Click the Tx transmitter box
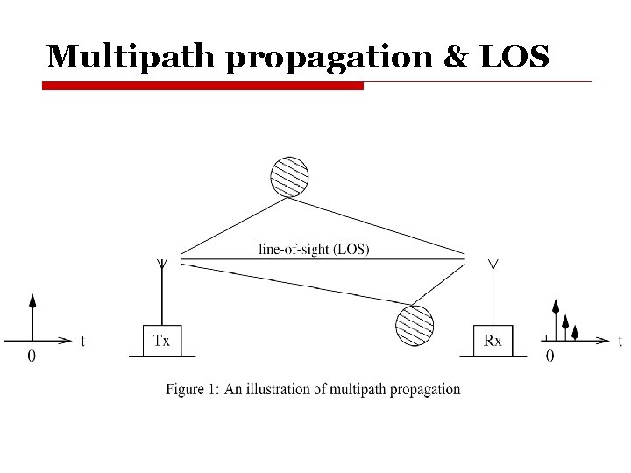coord(162,341)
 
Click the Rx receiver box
coord(493,341)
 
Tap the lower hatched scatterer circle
coord(415,325)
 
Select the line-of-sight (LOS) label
coord(314,249)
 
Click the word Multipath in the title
coord(119,57)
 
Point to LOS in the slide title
coord(514,57)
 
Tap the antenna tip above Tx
coord(162,262)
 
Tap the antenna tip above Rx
coord(493,262)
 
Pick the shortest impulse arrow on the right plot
coord(575,331)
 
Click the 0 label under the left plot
coord(32,356)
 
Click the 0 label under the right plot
coord(549,356)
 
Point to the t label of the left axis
coord(83,341)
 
